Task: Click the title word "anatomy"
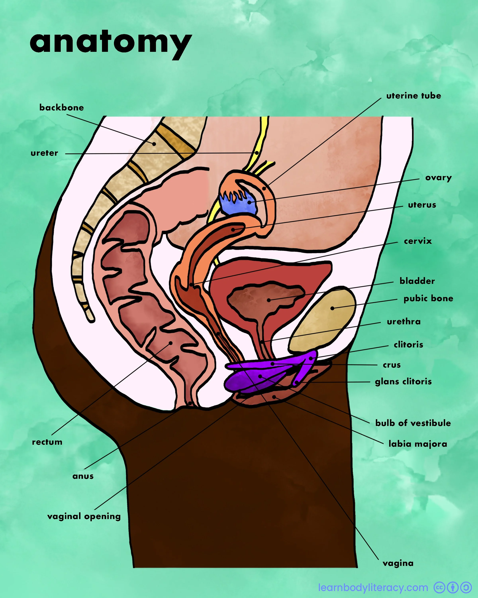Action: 111,43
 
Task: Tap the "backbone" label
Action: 62,108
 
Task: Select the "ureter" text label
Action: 44,153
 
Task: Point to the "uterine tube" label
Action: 413,96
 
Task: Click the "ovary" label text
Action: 438,178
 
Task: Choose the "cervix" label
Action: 418,241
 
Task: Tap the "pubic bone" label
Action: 428,298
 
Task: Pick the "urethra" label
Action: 404,322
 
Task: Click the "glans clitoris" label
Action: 403,382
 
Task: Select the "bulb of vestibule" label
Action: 413,423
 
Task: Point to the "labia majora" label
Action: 418,444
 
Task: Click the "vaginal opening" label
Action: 84,516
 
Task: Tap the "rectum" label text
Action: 47,442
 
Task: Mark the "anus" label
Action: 83,476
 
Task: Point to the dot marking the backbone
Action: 154,144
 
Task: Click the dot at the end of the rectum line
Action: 171,343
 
